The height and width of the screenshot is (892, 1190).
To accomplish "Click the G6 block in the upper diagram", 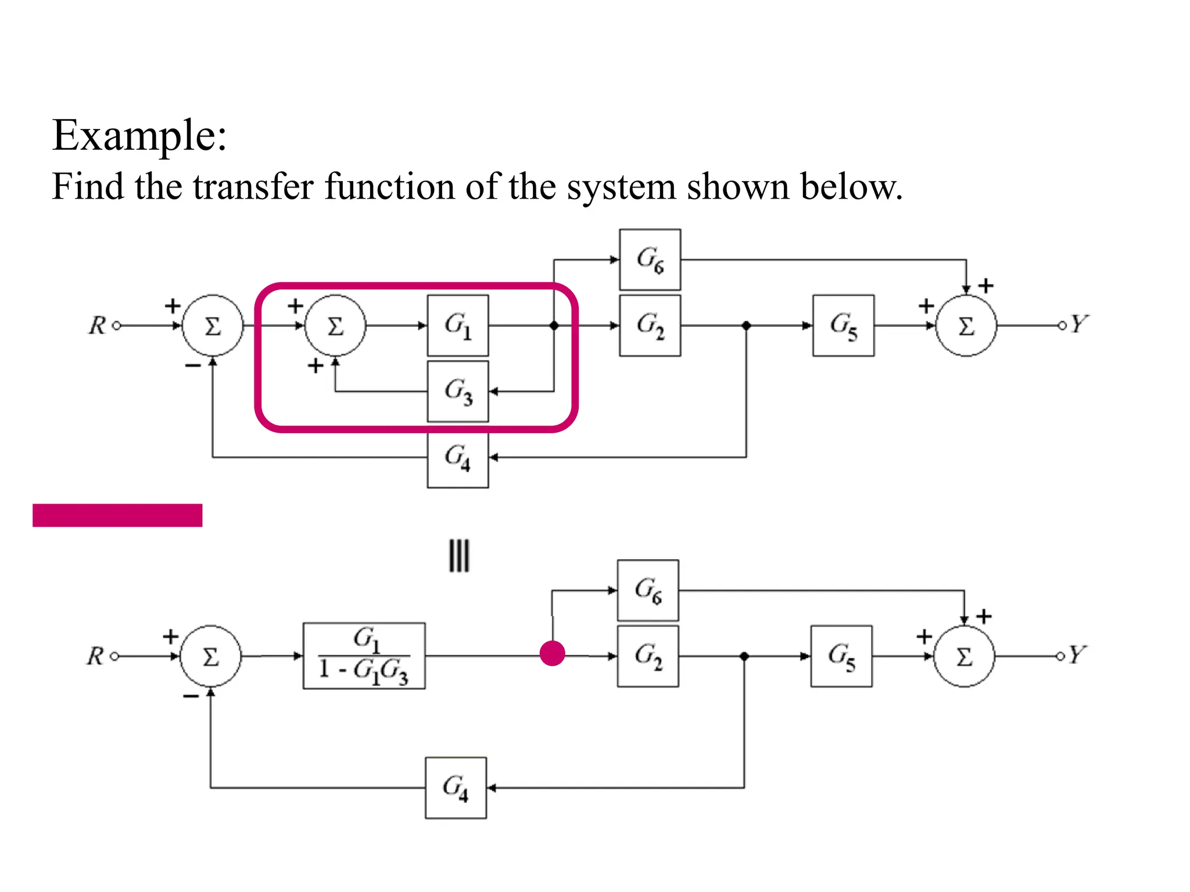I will [x=650, y=260].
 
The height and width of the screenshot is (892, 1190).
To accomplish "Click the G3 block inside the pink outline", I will [x=458, y=391].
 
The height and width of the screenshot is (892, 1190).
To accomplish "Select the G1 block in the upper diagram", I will [x=458, y=325].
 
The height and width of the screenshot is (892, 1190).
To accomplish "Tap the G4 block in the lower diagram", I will [x=456, y=787].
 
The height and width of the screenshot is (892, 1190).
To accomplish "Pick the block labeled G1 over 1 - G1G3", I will [x=364, y=656].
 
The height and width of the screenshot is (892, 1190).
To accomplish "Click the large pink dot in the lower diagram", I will [x=552, y=653].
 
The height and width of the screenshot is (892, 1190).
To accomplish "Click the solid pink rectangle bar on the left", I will [x=117, y=515].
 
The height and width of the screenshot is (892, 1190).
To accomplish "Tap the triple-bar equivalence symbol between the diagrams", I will [x=459, y=556].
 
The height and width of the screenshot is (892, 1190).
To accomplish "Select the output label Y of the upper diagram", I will [x=1078, y=324].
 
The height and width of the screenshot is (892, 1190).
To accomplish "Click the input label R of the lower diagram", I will [x=95, y=656].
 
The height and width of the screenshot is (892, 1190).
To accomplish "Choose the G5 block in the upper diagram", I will [x=843, y=325].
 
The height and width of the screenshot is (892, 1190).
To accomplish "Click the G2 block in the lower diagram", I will [x=648, y=656].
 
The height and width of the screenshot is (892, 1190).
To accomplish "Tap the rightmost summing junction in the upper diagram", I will [x=966, y=326].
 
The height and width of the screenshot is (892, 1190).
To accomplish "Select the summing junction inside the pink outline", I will [x=335, y=326].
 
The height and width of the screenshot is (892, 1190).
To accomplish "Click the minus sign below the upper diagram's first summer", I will [x=192, y=366].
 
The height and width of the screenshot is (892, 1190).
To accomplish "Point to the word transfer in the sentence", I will [x=253, y=187].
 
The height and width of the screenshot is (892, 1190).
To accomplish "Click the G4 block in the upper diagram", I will [x=458, y=458].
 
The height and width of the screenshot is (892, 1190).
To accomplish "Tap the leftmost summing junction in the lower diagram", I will [x=210, y=656].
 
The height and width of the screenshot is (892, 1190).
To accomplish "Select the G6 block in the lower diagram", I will [x=648, y=590].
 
